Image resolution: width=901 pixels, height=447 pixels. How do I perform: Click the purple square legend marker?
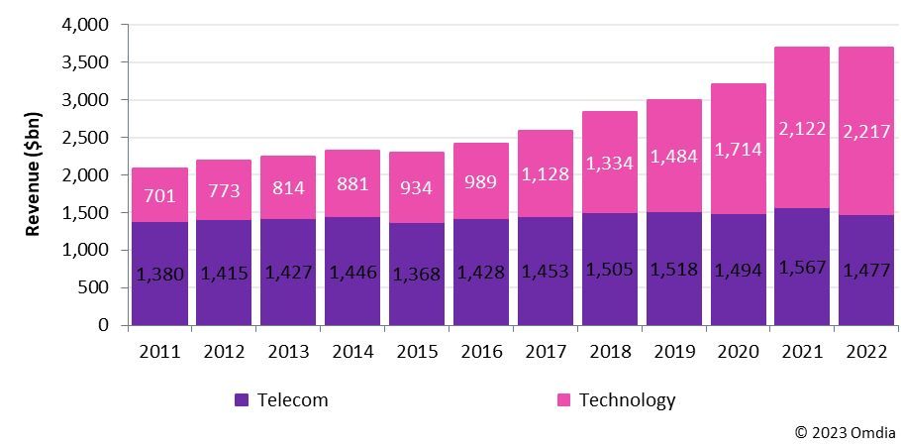point(242,399)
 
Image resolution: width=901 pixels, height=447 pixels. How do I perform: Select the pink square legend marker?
point(564,399)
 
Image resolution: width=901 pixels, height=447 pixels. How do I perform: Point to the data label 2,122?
point(802,129)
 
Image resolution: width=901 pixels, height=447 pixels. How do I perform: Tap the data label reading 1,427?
point(288,273)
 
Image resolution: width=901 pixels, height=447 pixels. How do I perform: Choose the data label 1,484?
point(674,157)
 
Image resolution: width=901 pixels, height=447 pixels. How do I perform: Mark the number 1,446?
point(352,273)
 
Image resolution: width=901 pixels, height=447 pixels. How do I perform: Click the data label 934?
point(417,187)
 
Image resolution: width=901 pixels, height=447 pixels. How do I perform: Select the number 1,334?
point(610,164)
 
